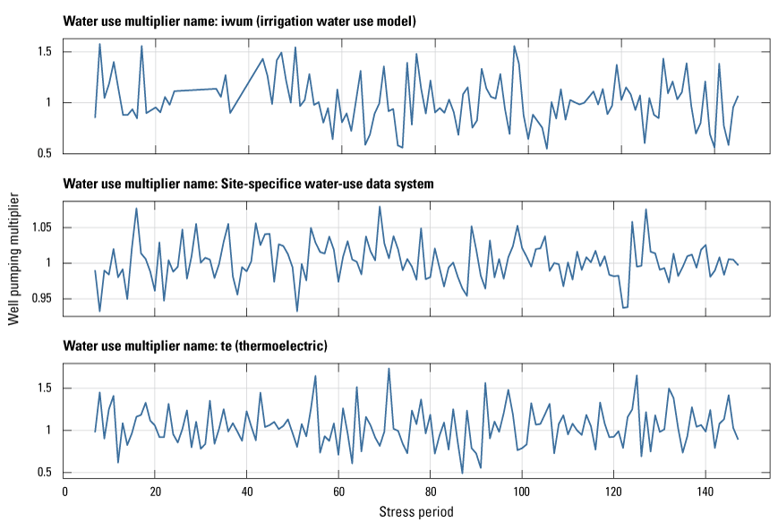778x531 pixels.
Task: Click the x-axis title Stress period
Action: coord(415,513)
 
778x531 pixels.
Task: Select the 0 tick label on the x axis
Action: coord(64,492)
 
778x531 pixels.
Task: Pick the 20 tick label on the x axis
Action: coord(156,492)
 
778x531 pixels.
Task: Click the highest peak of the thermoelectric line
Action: coord(389,368)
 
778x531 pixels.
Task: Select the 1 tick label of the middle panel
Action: coord(52,263)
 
